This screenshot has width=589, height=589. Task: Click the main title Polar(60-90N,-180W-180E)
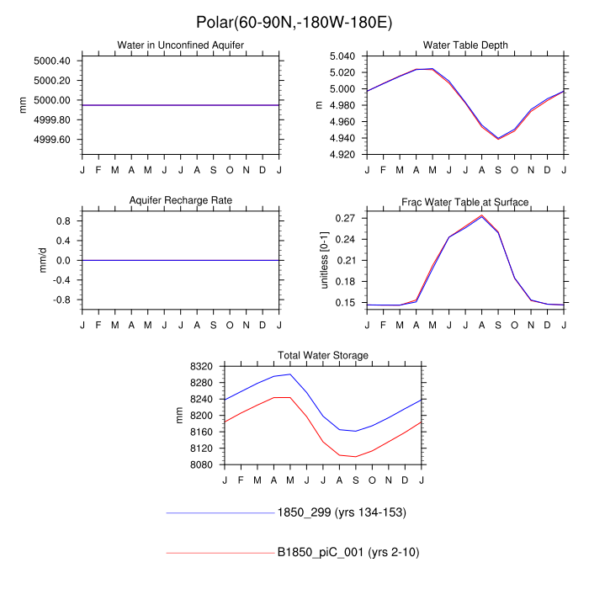tap(294, 21)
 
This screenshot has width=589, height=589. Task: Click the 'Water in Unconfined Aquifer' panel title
tap(180, 45)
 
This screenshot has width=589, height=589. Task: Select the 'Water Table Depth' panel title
tap(465, 45)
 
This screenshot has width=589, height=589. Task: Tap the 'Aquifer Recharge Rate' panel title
tap(180, 200)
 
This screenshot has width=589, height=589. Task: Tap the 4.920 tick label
tap(346, 155)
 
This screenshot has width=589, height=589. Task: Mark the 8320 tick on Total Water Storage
tap(205, 367)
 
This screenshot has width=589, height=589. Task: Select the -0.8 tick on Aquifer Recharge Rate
tap(63, 300)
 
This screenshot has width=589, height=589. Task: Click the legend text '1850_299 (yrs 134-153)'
tap(343, 512)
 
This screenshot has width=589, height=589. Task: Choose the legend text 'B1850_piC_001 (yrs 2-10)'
tap(348, 553)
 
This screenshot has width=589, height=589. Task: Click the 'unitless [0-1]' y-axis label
tap(323, 260)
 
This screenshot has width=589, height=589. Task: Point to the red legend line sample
tap(220, 553)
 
